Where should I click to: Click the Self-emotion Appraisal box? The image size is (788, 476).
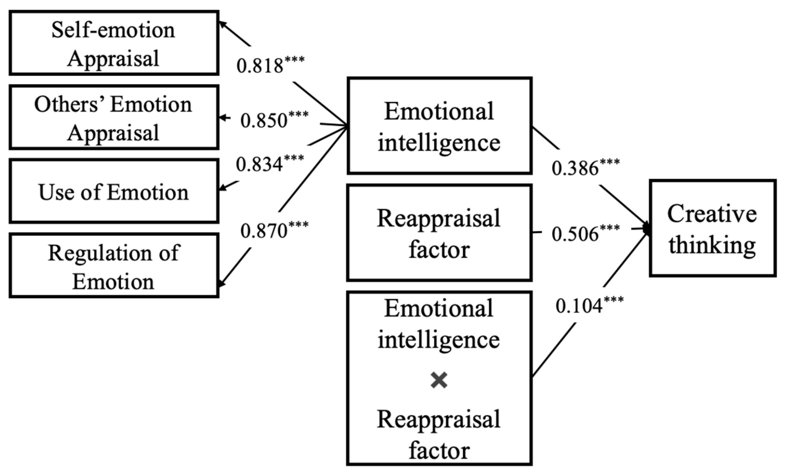tap(114, 43)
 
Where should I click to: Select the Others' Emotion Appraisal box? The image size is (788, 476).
tap(114, 117)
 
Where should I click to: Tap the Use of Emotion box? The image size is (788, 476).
tap(114, 191)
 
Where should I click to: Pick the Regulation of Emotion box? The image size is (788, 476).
tap(114, 266)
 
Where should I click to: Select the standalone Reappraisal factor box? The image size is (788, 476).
tap(439, 233)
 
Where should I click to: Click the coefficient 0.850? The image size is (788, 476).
tap(263, 121)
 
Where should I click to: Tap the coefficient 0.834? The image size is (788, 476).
tap(259, 164)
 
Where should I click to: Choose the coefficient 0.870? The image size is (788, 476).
tap(263, 231)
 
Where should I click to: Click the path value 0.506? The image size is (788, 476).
tap(575, 234)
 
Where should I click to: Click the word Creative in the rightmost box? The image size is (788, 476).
tap(712, 214)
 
